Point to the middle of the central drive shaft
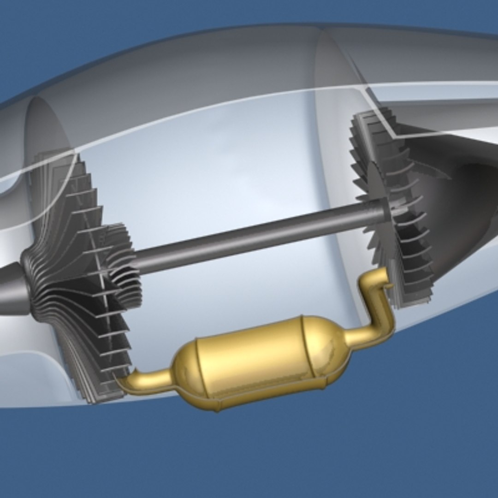click(x=258, y=237)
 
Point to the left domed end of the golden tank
click(x=184, y=369)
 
